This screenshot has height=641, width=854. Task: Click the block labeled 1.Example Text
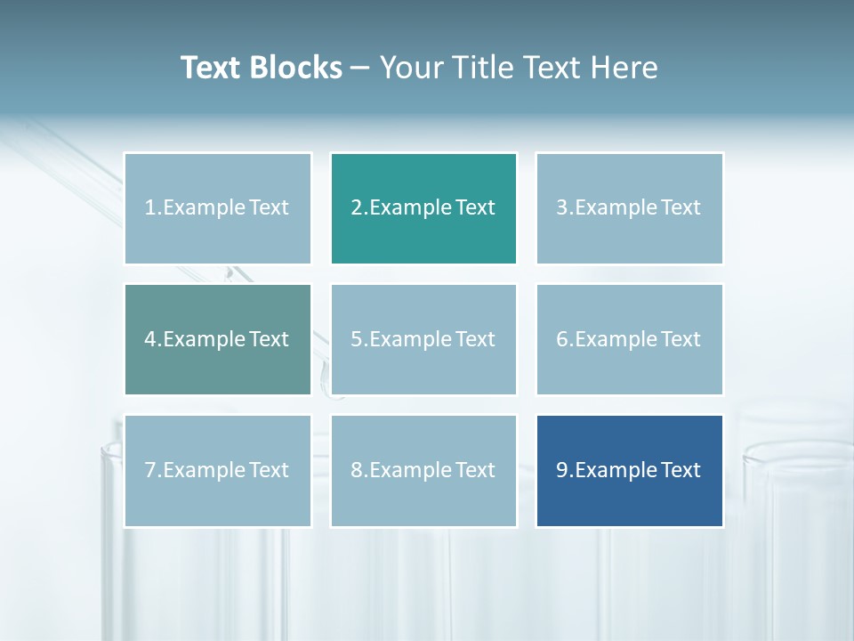(217, 208)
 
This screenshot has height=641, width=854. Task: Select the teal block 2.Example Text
(423, 208)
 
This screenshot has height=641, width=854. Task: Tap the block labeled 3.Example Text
(629, 208)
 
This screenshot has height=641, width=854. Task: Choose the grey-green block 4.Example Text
(217, 339)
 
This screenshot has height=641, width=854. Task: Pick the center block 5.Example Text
(423, 339)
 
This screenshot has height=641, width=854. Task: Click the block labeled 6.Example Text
(629, 339)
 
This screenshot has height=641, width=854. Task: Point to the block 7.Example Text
(217, 470)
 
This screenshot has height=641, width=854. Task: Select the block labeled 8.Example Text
(423, 470)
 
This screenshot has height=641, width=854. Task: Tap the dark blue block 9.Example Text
(629, 470)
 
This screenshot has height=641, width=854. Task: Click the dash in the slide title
(360, 69)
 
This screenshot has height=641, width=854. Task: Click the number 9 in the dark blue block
(562, 470)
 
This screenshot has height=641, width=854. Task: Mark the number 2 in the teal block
(357, 208)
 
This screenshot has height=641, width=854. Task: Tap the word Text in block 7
(269, 470)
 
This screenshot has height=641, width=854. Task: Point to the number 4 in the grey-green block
(150, 339)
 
